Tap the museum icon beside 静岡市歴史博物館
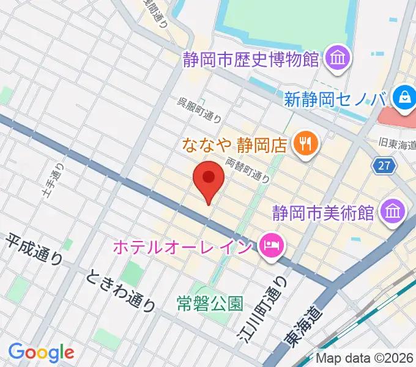click(337, 59)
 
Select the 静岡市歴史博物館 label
click(251, 59)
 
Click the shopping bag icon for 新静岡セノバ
click(404, 97)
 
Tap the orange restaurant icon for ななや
click(304, 144)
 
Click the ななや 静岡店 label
click(235, 145)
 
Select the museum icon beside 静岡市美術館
click(390, 212)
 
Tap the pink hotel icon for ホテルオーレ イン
click(269, 247)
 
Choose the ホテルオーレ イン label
click(182, 248)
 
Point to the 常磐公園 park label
click(209, 303)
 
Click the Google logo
click(41, 353)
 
